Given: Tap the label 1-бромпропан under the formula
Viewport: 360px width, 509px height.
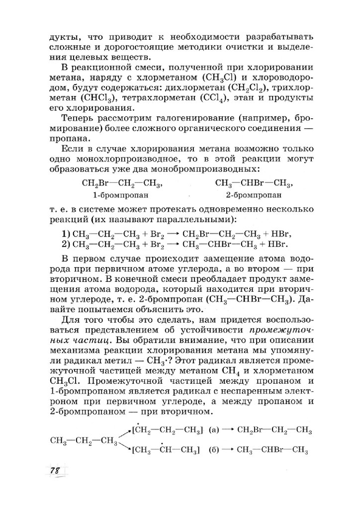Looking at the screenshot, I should point(114,195).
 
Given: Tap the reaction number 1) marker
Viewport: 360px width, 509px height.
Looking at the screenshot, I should point(64,234).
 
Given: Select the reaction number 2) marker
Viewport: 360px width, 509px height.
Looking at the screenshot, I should point(64,244).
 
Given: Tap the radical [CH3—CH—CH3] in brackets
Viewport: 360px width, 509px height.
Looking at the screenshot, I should point(165,450).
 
